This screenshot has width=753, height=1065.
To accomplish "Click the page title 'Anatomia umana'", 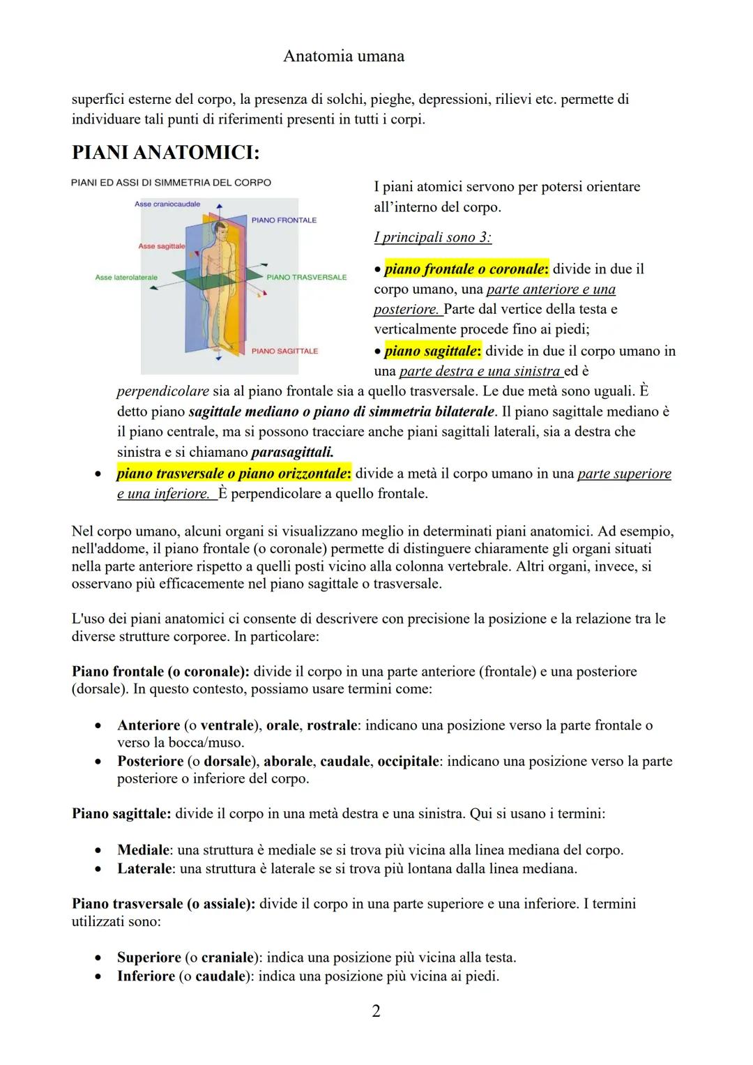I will (344, 56).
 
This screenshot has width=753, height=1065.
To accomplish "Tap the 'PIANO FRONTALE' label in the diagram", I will (284, 220).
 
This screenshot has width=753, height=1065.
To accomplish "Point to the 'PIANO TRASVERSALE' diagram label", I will (306, 278).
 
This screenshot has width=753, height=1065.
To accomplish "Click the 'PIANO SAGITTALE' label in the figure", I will (284, 352).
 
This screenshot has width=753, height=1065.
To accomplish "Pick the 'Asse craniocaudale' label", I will (167, 204).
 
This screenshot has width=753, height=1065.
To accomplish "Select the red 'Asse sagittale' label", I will (162, 246).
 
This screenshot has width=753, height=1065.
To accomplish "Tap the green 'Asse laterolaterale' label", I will (126, 278).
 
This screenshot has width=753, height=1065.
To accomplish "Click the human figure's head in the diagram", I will (221, 229).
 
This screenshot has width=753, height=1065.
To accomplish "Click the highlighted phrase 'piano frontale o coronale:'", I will (466, 269).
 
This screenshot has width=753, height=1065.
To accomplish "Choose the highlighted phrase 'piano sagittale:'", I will (432, 351).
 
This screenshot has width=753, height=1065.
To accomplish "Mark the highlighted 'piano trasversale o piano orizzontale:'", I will (234, 474).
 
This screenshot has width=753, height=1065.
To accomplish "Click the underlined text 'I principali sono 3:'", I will (432, 237).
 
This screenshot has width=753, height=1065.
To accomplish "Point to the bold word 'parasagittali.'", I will (292, 452).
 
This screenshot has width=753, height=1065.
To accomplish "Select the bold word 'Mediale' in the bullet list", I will (144, 850).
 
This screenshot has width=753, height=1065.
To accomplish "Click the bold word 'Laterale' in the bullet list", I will (144, 869).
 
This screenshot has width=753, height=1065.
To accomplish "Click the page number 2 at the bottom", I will (376, 1011).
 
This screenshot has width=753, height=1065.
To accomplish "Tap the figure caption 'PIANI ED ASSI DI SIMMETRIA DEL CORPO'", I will (171, 183).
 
